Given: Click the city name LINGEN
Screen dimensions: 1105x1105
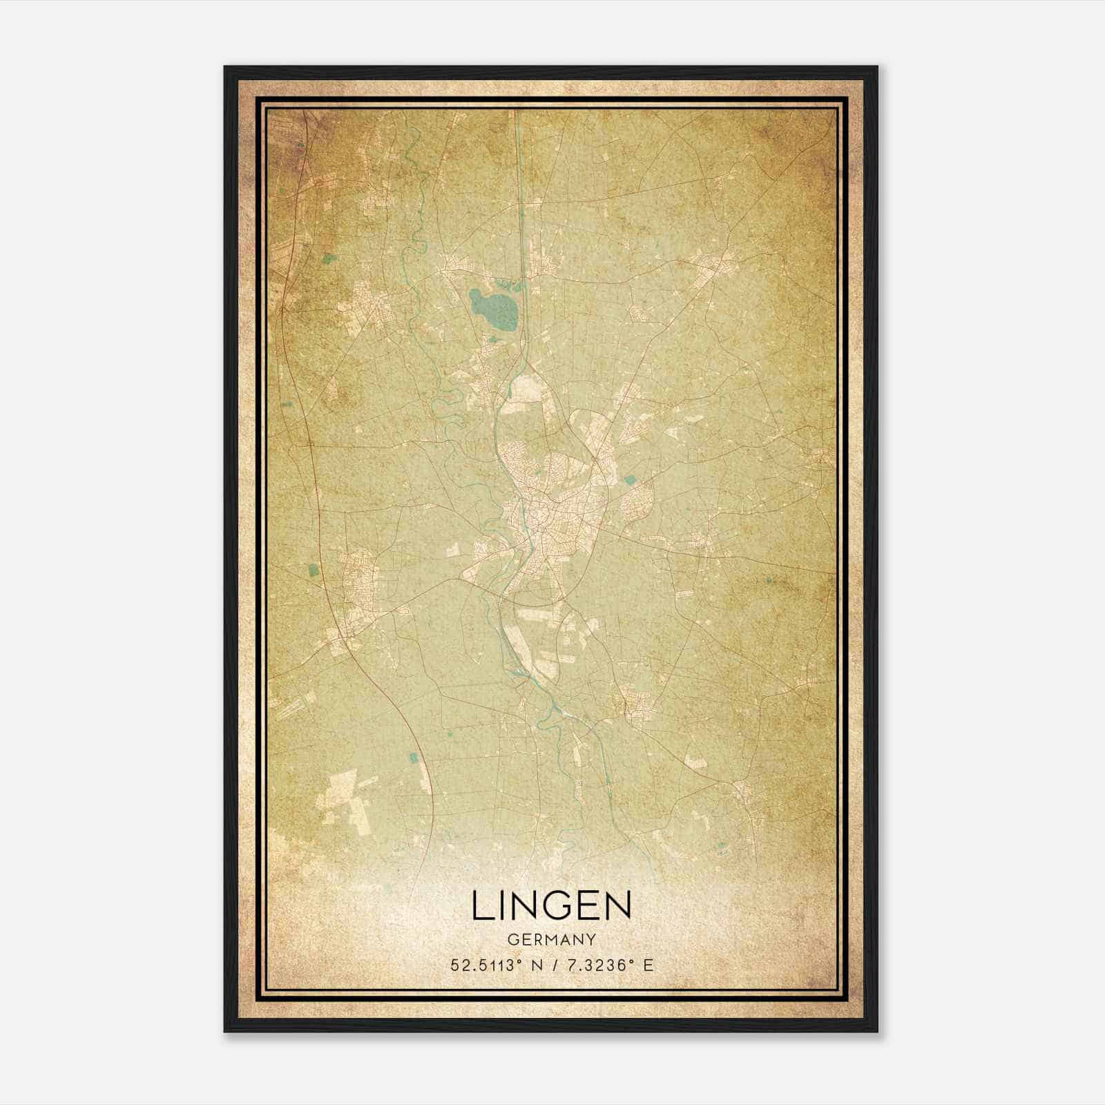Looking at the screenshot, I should click(551, 905).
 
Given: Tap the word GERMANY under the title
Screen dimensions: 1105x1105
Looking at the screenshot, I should click(551, 940).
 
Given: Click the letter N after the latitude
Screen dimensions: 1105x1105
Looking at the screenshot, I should click(536, 965).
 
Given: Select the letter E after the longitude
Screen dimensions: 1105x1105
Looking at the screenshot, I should click(648, 965).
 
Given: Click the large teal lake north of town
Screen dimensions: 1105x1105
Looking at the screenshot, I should click(494, 309).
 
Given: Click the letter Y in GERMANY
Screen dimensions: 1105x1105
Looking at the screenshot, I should click(591, 940).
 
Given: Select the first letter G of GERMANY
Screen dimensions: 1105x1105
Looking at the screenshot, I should click(512, 940).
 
